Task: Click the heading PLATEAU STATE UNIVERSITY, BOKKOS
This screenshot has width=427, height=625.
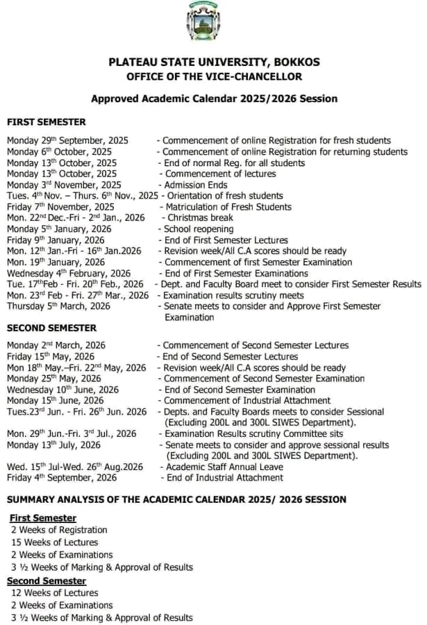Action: pos(214,62)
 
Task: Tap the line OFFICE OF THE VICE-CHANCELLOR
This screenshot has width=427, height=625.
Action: pos(214,76)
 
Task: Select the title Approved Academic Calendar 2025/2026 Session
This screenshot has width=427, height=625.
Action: pos(214,99)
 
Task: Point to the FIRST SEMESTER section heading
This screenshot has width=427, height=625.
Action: pos(47,122)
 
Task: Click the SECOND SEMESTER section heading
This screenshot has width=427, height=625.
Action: pos(52,328)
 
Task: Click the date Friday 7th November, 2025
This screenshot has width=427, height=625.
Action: pos(60,207)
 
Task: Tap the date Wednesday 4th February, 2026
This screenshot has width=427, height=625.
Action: pos(69,274)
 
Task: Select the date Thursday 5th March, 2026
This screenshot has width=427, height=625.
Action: pos(58,306)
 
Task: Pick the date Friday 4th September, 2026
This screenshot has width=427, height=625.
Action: pos(62,478)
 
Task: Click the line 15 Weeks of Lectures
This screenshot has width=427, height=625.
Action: pos(54,542)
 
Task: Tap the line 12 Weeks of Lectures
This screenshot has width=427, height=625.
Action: pos(54,593)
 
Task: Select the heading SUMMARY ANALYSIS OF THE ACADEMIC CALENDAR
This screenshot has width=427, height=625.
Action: pos(176,500)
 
